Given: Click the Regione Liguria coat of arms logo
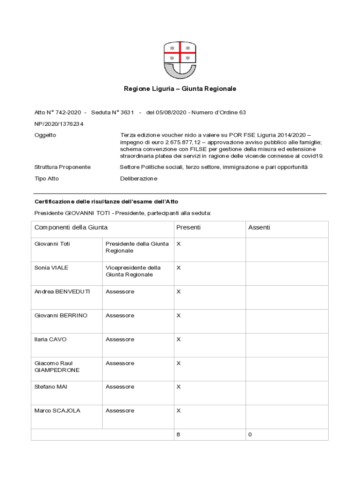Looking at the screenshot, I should coord(180,60).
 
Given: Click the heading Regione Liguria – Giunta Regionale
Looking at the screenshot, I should coord(180,89).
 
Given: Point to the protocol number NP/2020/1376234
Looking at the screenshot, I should coord(59,124).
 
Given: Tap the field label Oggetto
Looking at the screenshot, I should coord(45,135).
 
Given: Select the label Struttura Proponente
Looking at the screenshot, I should coord(62,167).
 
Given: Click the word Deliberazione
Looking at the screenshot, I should coord(138,179).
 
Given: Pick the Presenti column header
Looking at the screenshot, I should coord(188,227).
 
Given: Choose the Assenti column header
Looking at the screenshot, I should coord(259,227).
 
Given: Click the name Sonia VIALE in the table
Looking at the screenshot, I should coord(51,268).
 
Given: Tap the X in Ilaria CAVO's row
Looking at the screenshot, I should coord(178,340).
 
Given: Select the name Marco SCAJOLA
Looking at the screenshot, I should coord(57,411).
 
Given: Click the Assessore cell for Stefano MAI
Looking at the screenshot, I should coord(120,387).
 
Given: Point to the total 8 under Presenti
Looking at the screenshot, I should coord(178,435).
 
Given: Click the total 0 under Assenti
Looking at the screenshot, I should coord(250,435).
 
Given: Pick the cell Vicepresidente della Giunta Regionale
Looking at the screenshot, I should coord(133,271).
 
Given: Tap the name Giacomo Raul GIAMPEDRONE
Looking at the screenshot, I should coord(57,367).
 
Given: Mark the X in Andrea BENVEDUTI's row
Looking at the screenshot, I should coord(178,292).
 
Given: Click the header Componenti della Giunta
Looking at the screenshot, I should coord(71,227).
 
